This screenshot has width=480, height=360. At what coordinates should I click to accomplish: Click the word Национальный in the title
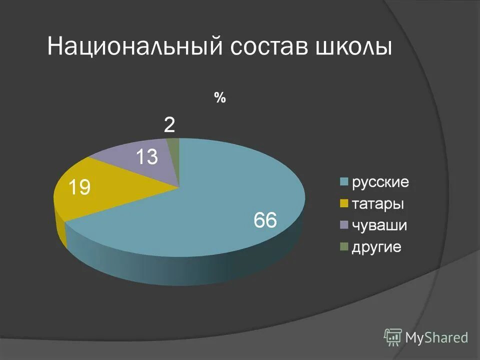[134, 48]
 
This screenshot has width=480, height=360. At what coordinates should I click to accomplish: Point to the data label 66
[265, 220]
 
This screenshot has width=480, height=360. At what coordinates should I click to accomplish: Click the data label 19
[79, 188]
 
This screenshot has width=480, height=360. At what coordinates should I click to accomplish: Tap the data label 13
[147, 157]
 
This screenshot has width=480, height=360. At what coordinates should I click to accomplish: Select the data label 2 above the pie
[170, 125]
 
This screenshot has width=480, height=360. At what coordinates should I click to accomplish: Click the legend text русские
[380, 182]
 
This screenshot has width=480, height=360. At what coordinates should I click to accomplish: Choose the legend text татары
[378, 204]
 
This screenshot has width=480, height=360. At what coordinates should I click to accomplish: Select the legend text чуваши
[379, 225]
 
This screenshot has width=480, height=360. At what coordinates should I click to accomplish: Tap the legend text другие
[376, 247]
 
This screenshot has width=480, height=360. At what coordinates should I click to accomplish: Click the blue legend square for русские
[343, 182]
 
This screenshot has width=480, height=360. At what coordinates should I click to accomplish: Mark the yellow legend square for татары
[343, 204]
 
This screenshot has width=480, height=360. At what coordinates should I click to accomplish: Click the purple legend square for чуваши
[343, 225]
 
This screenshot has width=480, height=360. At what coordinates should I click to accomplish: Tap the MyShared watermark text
[436, 338]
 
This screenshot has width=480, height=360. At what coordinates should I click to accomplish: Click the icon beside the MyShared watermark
[393, 338]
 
